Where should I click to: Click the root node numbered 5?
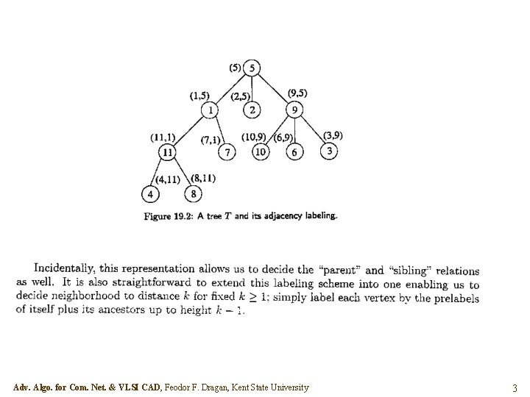252,68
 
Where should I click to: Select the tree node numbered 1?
211,110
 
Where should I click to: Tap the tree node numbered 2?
252,110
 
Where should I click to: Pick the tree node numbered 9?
294,110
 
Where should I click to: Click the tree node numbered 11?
169,151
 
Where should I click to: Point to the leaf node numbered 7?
229,151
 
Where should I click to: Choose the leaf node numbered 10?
260,151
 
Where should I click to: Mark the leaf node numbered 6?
294,151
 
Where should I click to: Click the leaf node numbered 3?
329,151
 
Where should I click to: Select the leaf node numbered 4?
150,194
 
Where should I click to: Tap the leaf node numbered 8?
193,194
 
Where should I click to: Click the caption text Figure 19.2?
169,216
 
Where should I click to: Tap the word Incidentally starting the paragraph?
65,270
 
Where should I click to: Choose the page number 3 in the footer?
515,387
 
